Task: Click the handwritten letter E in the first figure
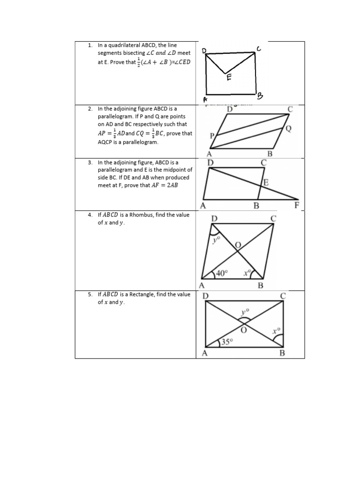coord(229,78)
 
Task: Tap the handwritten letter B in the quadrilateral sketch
coord(261,96)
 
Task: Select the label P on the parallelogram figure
coord(212,136)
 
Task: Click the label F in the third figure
coord(296,205)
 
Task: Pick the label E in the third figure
coord(266,183)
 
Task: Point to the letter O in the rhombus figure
coord(238,246)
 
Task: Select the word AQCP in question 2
coord(106,142)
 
